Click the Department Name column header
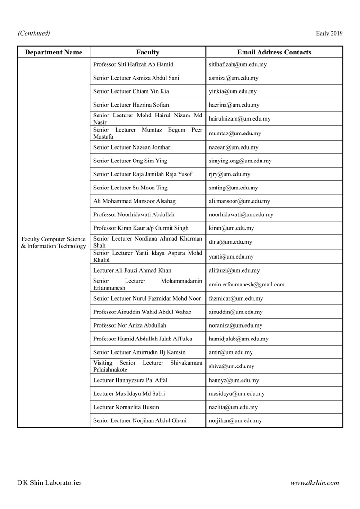pos(54,52)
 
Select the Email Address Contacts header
pos(274,52)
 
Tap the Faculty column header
pos(148,52)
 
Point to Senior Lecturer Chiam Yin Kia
pos(131,91)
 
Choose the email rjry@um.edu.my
pos(230,174)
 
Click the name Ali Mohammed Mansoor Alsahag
pos(135,201)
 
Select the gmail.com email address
pos(246,285)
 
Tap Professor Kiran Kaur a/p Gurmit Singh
pos(141,228)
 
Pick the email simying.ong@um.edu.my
pos(240,161)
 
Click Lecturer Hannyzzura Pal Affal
pos(130,380)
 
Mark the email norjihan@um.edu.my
pos(235,420)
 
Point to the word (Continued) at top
pos(34,33)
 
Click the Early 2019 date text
pos(329,33)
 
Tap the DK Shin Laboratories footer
pos(49,483)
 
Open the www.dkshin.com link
pos(315,483)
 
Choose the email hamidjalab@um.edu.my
pos(238,339)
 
